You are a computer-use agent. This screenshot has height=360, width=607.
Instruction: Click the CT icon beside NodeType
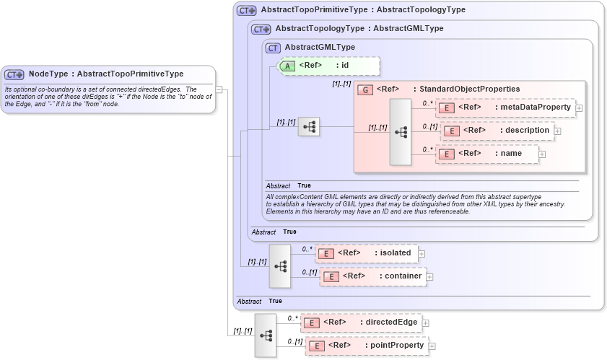(14, 74)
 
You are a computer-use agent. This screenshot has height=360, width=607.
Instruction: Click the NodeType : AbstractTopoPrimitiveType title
(105, 74)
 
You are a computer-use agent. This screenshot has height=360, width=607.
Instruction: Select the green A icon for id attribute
(287, 66)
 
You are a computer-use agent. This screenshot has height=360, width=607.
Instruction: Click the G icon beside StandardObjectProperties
(365, 89)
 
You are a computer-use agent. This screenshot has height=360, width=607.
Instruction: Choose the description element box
(498, 131)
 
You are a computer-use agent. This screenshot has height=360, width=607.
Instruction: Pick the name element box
(487, 154)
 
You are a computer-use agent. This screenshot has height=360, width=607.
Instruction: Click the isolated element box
(367, 253)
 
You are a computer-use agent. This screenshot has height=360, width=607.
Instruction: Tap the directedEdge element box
(361, 322)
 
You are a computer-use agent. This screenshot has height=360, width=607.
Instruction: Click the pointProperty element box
(367, 346)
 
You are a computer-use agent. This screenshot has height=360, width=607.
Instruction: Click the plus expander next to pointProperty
(432, 346)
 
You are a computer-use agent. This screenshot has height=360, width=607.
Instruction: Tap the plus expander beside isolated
(422, 253)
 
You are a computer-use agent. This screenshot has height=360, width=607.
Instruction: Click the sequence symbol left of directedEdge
(266, 335)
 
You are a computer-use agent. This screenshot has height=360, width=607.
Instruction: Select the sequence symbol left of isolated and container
(280, 265)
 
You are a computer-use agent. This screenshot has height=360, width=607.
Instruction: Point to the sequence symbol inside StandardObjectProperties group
(401, 132)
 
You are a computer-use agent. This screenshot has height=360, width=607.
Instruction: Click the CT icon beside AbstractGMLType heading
(273, 48)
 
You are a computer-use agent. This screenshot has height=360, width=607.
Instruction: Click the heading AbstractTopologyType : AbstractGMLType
(359, 29)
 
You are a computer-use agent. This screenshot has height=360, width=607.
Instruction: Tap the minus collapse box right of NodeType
(219, 89)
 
